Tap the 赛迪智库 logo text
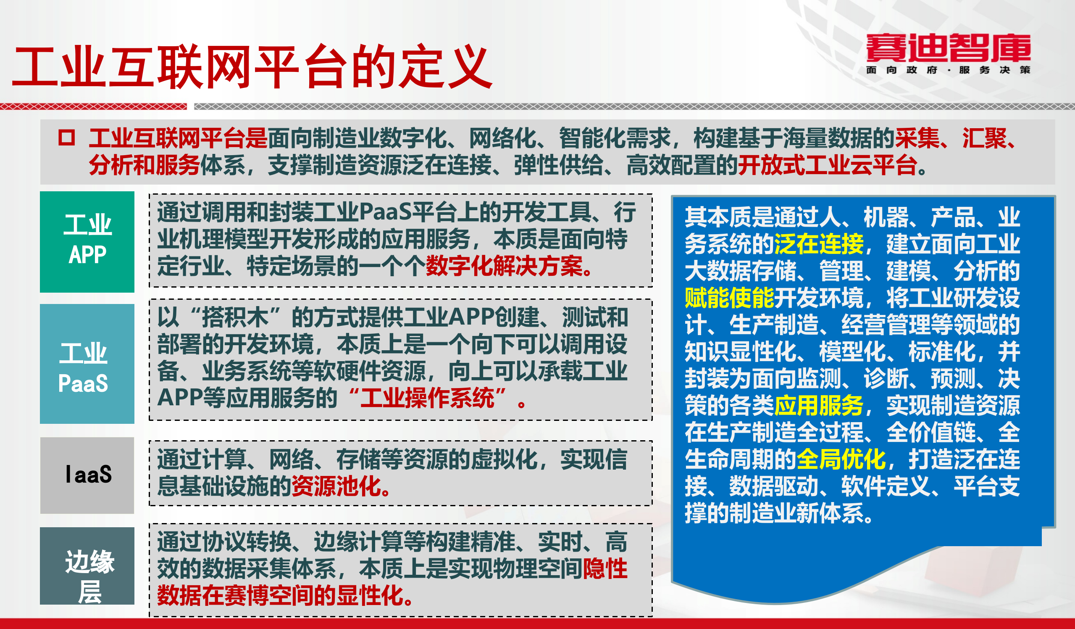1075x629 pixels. point(948,48)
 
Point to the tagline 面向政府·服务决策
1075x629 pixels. point(948,70)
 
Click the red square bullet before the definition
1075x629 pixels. point(66,137)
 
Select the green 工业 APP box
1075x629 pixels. point(87,242)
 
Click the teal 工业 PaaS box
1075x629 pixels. point(87,364)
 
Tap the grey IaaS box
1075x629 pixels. point(87,475)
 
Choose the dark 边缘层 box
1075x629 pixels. point(87,566)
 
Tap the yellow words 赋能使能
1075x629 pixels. point(728,298)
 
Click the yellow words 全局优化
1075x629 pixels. point(840,460)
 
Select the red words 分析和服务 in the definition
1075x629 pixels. point(144,165)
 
